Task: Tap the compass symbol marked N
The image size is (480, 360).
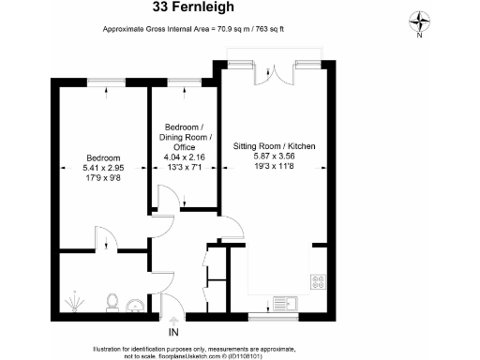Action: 420,21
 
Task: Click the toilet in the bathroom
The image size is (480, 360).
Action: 112,302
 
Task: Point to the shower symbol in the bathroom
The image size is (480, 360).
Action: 74,301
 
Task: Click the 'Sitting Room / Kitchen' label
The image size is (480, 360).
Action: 274,147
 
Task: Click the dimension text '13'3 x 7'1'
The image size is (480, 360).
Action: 182,169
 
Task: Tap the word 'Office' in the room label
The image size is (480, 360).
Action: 182,147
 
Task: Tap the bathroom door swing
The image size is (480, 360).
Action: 105,240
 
